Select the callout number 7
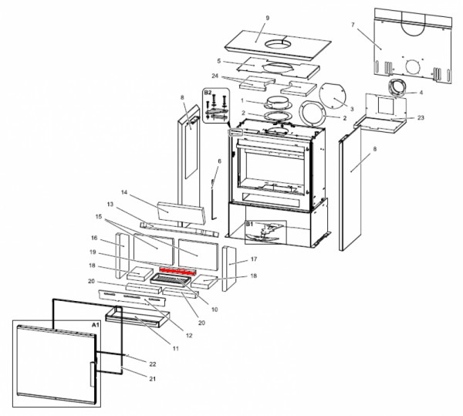point(353,25)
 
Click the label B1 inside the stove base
point(249,224)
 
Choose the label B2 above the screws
point(207,93)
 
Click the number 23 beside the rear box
point(421,117)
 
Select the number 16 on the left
point(93,238)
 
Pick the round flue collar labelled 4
point(400,88)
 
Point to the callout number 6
point(219,161)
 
